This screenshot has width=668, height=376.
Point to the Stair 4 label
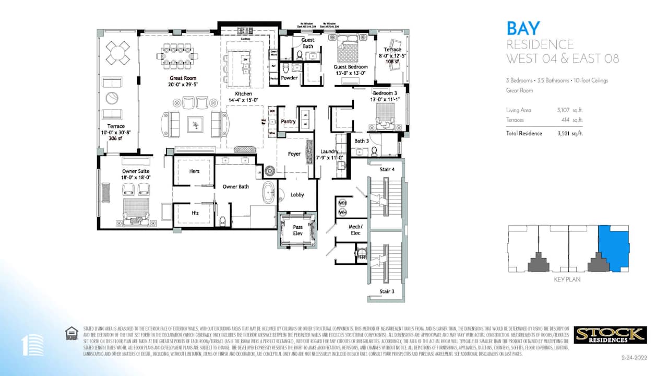pyautogui.click(x=387, y=169)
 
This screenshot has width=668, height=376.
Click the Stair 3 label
pyautogui.click(x=387, y=291)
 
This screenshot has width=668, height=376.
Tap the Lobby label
pyautogui.click(x=297, y=195)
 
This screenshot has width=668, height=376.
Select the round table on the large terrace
pyautogui.click(x=117, y=52)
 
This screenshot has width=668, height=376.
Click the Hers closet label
pyautogui.click(x=194, y=171)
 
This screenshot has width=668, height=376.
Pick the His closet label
pyautogui.click(x=194, y=213)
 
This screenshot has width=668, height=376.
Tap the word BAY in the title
pyautogui.click(x=523, y=28)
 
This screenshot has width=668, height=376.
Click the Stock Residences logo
pyautogui.click(x=610, y=335)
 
